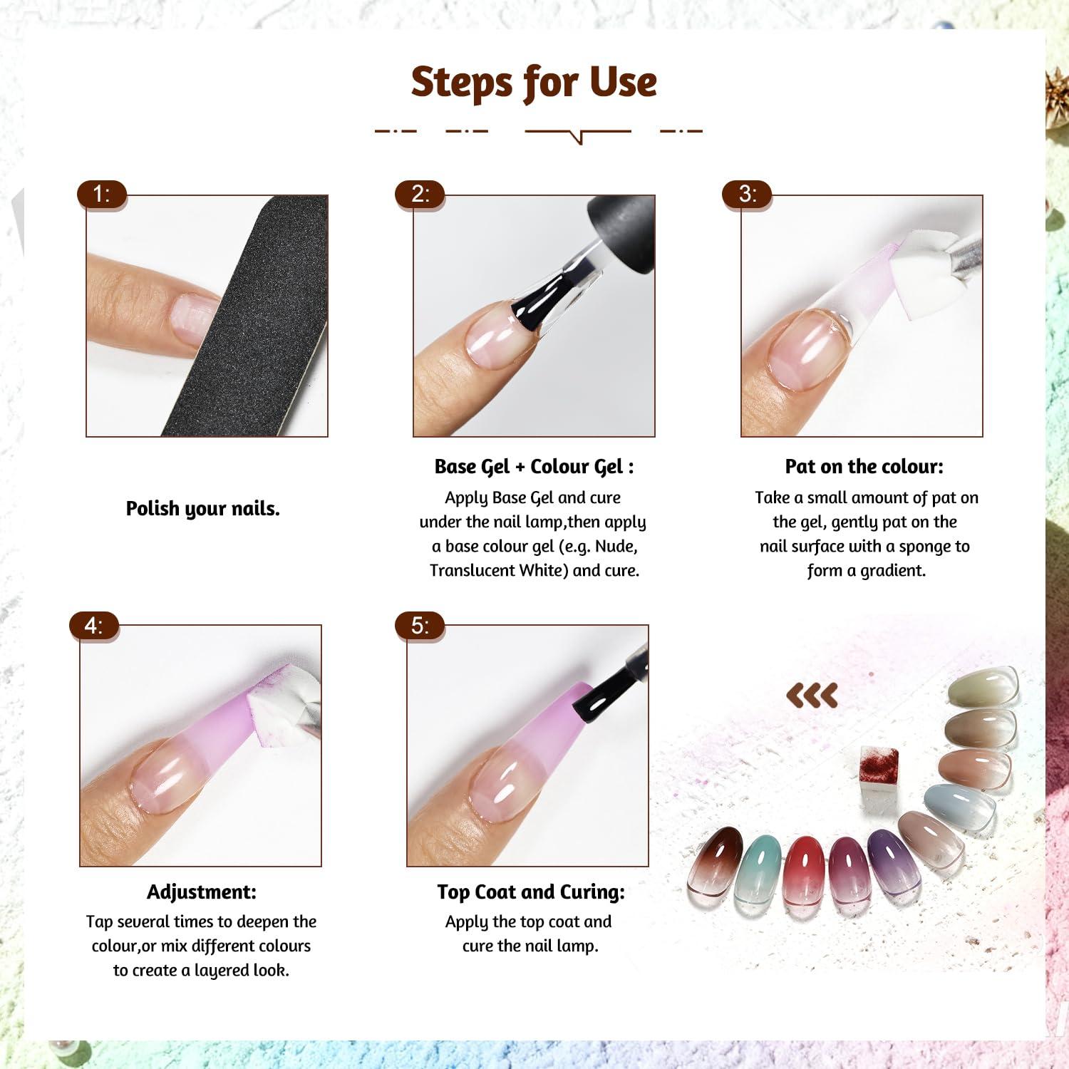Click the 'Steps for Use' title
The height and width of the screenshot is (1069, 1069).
(x=534, y=82)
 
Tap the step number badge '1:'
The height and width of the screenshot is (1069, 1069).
(x=102, y=194)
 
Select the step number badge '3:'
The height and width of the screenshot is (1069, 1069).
(x=747, y=194)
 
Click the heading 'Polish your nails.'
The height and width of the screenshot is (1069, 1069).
(x=203, y=509)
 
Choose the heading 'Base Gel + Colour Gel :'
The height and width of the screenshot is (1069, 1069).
(x=534, y=467)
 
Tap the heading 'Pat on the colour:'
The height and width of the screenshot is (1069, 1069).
(x=864, y=467)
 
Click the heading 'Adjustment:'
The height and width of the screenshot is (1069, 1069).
(x=202, y=892)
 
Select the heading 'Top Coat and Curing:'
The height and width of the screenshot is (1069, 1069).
(x=531, y=892)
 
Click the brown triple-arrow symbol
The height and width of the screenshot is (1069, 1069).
(x=812, y=696)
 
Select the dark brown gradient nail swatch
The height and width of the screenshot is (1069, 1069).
(x=715, y=861)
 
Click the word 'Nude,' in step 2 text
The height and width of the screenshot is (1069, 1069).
(x=616, y=547)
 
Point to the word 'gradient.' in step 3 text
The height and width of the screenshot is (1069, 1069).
(x=893, y=571)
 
